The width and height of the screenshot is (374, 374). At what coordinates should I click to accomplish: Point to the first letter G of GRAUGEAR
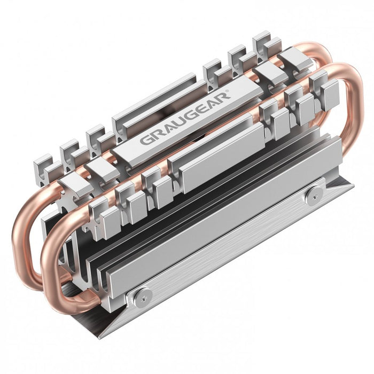pos(145,141)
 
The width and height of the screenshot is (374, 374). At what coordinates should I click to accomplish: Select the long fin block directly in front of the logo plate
pos(214,152)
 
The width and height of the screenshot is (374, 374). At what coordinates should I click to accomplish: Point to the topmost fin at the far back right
pos(262,40)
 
